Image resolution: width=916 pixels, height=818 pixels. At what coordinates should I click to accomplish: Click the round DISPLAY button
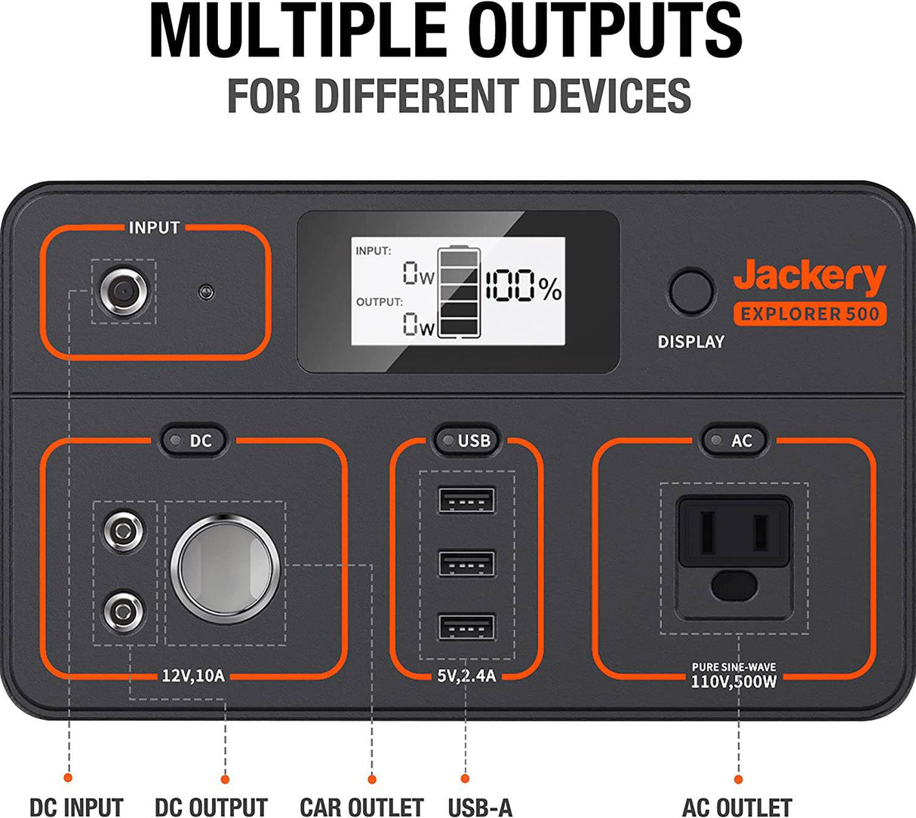click(691, 292)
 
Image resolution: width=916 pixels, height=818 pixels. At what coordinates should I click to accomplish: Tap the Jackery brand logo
click(809, 277)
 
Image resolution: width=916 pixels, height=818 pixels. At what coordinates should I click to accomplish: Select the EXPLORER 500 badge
click(810, 314)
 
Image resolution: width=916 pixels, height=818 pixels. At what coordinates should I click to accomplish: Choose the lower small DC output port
click(124, 609)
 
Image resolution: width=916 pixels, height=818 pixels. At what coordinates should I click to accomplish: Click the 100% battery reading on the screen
click(523, 287)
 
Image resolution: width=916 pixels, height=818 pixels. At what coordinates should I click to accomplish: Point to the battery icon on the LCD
click(458, 292)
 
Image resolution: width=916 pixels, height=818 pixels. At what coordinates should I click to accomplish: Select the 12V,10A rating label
click(193, 675)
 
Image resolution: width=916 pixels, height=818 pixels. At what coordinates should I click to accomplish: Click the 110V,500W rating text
click(734, 682)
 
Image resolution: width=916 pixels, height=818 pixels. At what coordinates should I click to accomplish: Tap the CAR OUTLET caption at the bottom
click(361, 807)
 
